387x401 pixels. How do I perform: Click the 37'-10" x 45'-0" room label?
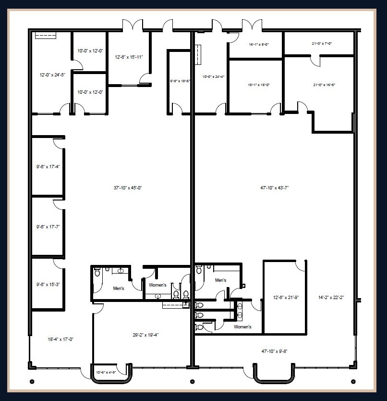coord(127,188)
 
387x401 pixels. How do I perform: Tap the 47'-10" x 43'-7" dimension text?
coord(274,188)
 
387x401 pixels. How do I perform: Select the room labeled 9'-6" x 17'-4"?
coord(48,167)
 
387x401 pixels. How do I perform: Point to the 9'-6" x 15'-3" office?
coord(48,284)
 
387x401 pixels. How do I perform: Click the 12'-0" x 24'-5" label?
coord(50,75)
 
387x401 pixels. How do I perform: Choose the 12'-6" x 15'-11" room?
coord(129,57)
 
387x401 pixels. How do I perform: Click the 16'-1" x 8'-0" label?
coord(259,44)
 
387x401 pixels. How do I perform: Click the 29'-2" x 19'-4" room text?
coord(146,335)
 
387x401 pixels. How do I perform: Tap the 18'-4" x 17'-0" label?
coord(60,339)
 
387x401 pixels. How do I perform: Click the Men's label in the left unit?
coord(118,288)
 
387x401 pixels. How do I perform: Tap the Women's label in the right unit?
coord(242,327)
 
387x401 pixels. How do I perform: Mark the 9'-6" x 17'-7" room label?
coord(48,226)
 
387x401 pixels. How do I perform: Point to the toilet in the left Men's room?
coord(97,273)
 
